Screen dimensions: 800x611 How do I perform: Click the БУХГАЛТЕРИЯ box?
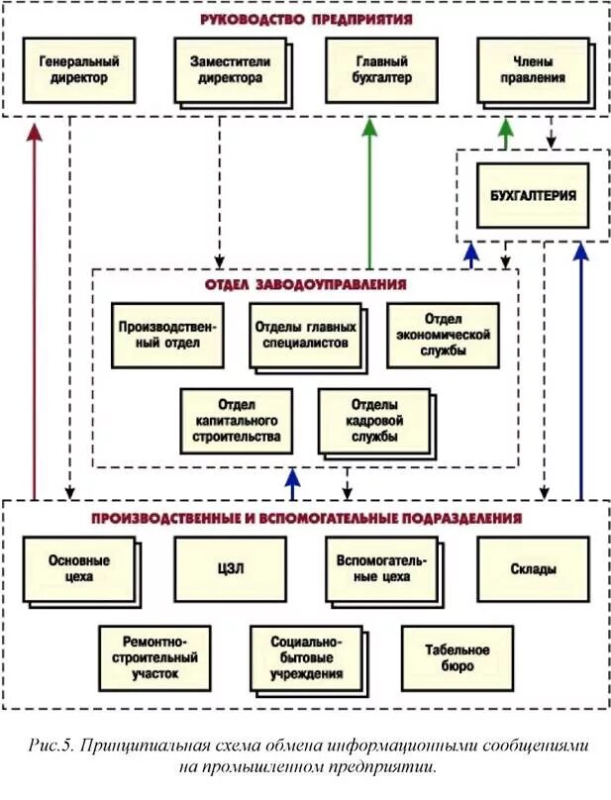tap(532, 194)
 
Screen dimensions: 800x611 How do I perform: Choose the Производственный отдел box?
tap(167, 336)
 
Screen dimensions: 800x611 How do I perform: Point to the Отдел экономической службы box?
tap(443, 336)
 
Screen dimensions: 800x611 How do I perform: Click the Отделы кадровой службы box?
tap(372, 421)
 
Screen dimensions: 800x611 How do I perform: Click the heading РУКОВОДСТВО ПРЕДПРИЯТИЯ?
tap(306, 19)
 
